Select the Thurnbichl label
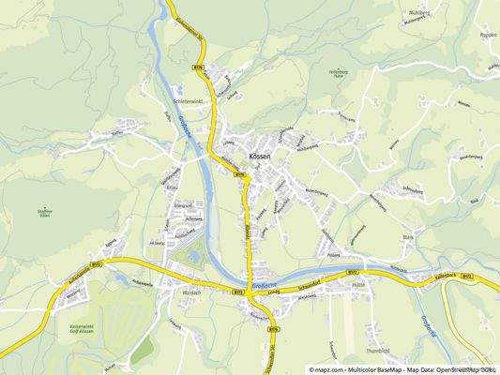tap(379, 351)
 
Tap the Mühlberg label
tap(418, 12)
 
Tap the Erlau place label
tap(171, 187)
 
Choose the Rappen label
tap(488, 34)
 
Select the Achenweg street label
tap(193, 218)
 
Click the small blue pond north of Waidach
tap(194, 255)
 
